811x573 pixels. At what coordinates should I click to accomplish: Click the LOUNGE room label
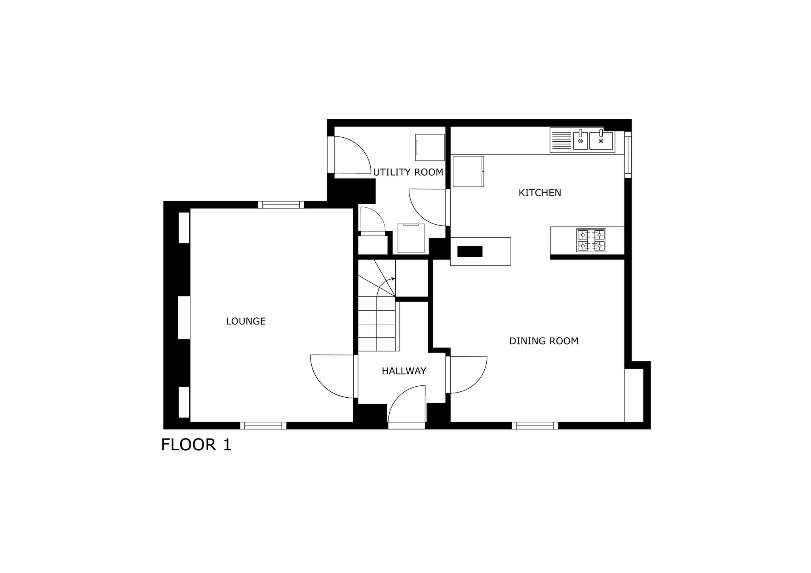[x=246, y=321]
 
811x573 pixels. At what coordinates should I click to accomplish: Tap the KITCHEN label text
[x=540, y=193]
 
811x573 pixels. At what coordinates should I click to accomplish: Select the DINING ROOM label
[x=544, y=341]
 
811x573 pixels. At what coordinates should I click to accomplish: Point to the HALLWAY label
[x=404, y=371]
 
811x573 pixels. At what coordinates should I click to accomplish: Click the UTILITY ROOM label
[x=408, y=172]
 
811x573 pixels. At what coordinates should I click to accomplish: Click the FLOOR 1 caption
[x=196, y=445]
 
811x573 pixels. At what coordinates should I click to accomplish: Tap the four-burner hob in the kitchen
[x=591, y=240]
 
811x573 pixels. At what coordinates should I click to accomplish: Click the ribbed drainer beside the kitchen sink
[x=561, y=140]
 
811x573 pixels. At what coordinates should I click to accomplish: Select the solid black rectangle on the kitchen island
[x=470, y=251]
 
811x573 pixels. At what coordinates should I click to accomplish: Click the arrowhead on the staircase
[x=393, y=279]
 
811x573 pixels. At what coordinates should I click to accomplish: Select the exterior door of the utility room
[x=350, y=155]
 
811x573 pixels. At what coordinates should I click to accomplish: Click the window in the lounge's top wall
[x=281, y=205]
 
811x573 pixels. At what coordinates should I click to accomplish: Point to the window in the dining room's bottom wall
[x=535, y=426]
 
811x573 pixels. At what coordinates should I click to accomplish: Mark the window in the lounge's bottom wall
[x=263, y=426]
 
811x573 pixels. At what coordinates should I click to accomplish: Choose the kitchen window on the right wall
[x=628, y=154]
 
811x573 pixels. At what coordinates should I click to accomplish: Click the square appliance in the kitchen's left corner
[x=468, y=171]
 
